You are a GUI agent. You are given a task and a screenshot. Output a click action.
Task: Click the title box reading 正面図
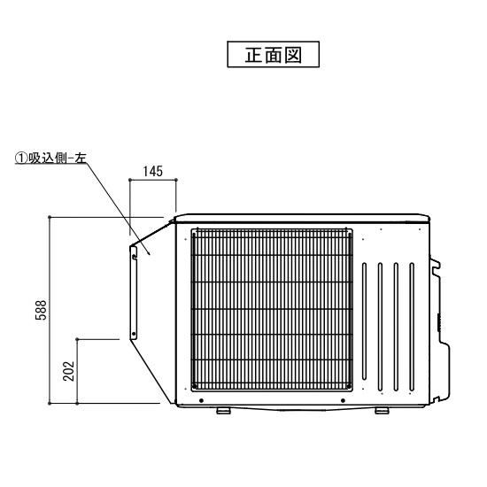tap(273, 54)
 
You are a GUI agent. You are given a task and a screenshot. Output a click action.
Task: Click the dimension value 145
tap(153, 171)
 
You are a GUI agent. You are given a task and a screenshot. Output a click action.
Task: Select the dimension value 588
tap(41, 310)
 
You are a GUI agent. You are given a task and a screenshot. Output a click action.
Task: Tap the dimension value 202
tap(68, 371)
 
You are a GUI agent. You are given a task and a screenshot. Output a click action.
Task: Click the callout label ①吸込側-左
tap(50, 158)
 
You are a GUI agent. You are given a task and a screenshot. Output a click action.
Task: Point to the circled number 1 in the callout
tap(21, 158)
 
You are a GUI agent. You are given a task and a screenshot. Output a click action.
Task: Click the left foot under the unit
tap(223, 411)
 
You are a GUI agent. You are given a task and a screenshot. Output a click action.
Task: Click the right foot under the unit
tap(382, 411)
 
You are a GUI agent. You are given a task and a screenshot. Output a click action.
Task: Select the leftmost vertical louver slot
tap(364, 321)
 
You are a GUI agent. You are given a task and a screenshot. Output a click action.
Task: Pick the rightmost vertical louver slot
tap(412, 327)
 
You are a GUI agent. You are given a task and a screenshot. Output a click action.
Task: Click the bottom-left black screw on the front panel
tap(201, 400)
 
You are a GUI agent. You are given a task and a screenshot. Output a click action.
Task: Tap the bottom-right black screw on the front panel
tap(343, 400)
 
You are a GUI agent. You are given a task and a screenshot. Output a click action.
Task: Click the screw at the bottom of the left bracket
tap(134, 334)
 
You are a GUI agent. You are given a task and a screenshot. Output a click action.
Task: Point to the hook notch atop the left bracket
tap(135, 256)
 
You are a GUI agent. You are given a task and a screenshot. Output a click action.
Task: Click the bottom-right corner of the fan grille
tap(352, 390)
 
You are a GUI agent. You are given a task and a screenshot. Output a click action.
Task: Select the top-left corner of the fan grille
tap(191, 229)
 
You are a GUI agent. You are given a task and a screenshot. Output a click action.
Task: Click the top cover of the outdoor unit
tap(302, 218)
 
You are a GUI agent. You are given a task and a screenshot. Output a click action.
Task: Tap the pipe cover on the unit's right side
tap(439, 329)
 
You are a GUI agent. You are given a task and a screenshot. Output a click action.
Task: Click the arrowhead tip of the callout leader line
tap(151, 255)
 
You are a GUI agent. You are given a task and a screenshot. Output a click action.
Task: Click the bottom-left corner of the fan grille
tap(191, 390)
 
